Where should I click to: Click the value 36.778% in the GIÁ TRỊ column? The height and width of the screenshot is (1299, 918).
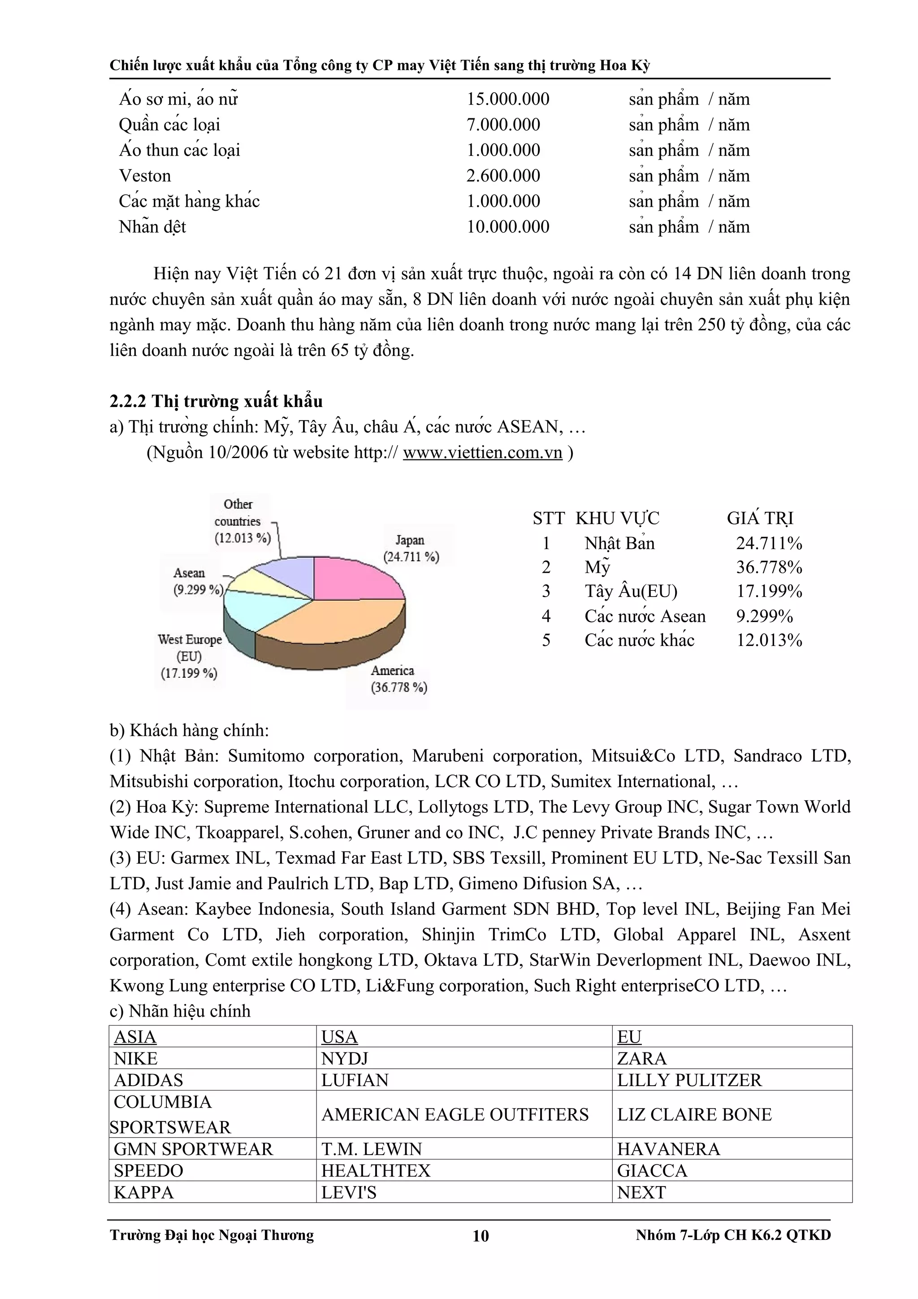coord(769,567)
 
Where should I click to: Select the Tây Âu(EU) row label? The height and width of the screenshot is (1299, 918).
coord(630,592)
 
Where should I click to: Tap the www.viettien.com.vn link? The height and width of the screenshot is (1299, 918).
coord(482,453)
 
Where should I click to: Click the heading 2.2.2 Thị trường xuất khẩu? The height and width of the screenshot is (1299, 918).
coord(216,401)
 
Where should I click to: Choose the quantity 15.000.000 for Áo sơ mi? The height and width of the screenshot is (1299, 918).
coord(507,99)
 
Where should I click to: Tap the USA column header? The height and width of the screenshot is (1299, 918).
coord(339,1036)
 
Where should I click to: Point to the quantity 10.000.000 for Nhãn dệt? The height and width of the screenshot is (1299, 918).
coord(507,227)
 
